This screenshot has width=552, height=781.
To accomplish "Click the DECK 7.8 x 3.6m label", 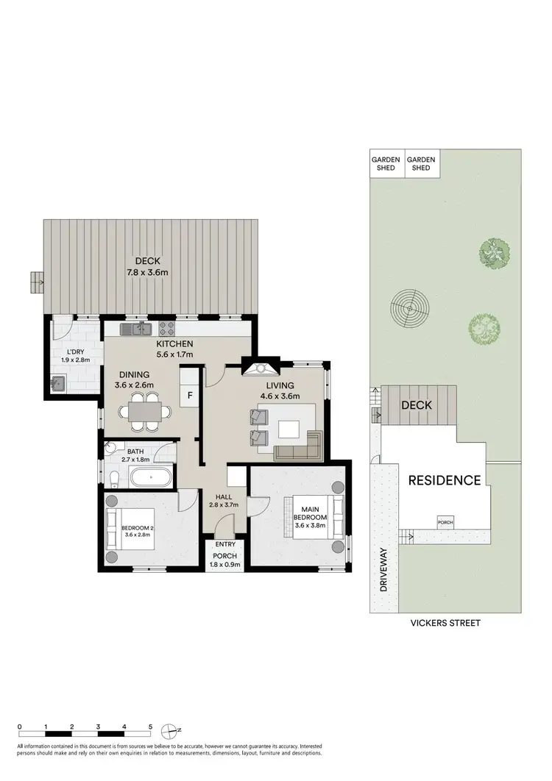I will click(151, 266).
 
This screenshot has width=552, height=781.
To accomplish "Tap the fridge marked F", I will click(191, 395).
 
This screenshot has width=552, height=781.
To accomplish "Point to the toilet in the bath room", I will click(112, 479).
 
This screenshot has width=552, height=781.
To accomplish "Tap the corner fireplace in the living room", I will click(262, 369).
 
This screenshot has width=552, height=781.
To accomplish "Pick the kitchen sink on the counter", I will click(136, 328).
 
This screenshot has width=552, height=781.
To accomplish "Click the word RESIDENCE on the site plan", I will click(445, 481).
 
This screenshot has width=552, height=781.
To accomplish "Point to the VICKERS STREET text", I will click(445, 623).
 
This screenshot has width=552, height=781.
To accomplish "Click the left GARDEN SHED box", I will click(386, 163).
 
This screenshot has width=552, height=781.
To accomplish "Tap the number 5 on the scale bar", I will click(150, 726).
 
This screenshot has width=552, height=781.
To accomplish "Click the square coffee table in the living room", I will click(289, 427).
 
